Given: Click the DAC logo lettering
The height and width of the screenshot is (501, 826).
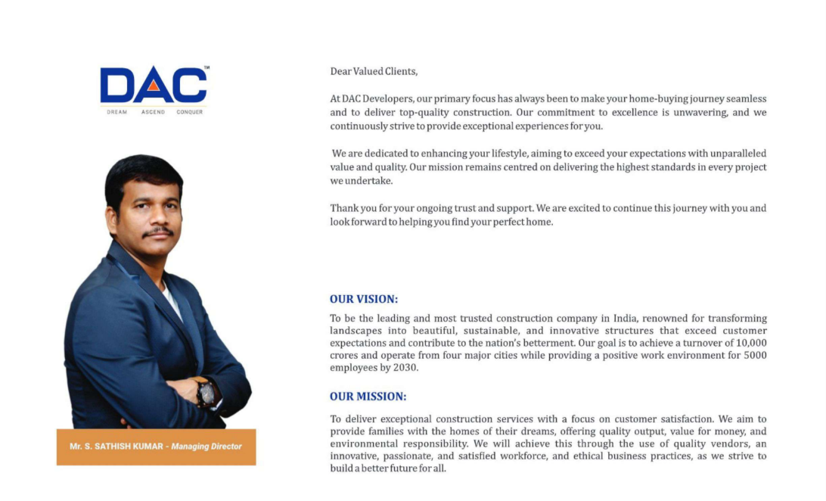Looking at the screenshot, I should tap(153, 86).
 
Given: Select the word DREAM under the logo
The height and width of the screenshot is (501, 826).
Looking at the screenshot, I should tap(116, 112).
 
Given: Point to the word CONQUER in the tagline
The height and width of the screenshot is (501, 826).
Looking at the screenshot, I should tap(190, 112).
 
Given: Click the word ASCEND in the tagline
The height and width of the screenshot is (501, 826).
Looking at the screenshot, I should tap(153, 112).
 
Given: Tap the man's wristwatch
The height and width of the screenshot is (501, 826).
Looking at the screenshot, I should tap(206, 392).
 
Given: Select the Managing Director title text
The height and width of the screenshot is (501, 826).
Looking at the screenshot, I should tap(206, 447).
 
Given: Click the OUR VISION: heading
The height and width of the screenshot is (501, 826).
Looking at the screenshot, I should tap(364, 299).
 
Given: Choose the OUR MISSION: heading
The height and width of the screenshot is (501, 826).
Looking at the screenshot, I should tap(368, 396).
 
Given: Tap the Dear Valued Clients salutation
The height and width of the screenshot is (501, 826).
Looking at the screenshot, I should tap(374, 71).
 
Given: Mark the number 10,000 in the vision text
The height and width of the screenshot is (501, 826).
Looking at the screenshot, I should tap(750, 343).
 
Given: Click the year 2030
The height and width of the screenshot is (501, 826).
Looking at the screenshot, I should tap(404, 368).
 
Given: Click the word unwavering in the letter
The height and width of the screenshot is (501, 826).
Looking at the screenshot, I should tap(700, 112).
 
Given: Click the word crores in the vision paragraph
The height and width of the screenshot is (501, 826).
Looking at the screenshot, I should tap(345, 356).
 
